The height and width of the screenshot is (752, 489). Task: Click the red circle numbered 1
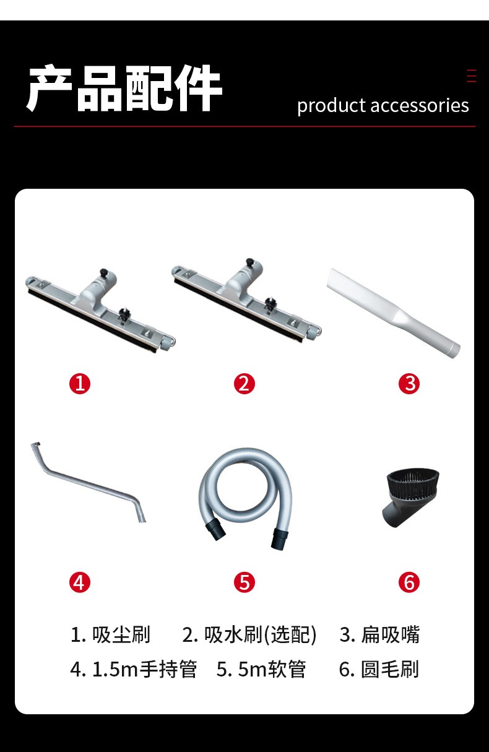coord(80,384)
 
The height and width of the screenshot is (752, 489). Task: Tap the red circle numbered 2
coord(244,384)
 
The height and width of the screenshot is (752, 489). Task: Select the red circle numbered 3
coord(409,384)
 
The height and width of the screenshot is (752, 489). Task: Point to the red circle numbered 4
coord(80,582)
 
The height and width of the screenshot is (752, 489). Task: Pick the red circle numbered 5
coord(244,582)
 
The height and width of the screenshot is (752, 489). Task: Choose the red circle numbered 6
coord(409,582)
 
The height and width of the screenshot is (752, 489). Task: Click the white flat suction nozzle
coord(393,313)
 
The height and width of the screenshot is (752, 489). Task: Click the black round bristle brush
coord(411,497)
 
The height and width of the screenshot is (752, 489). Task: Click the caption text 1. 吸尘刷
coord(110,635)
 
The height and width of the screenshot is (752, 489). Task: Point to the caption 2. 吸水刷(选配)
coord(249,635)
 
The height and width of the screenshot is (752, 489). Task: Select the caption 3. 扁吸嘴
coord(379,635)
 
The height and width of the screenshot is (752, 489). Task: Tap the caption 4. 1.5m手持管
coord(133,669)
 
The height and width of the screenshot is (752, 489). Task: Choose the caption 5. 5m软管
coord(261,669)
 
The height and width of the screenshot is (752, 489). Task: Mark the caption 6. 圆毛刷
coord(379,669)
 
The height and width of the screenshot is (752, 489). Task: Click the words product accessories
coord(383,106)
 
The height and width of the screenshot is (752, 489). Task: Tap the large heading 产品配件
coord(124,88)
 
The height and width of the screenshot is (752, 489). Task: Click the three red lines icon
coord(472,76)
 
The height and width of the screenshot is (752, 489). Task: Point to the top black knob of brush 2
coord(249,262)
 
